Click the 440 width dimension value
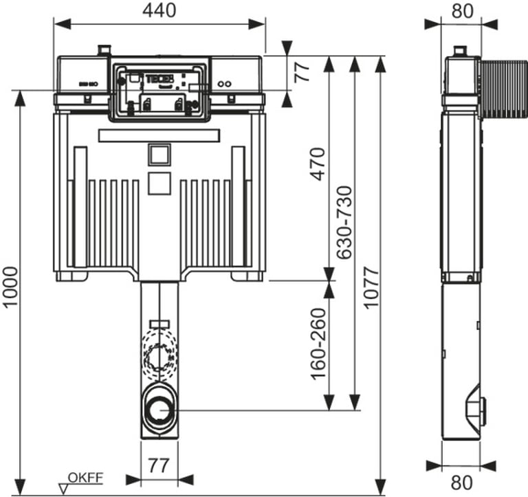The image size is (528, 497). coord(159,10)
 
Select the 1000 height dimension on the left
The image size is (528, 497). coord(10,287)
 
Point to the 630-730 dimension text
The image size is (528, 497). coord(344,222)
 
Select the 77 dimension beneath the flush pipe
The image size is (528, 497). coord(159,465)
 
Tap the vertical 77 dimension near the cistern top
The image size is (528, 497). coord(302,71)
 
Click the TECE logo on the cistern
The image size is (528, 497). coord(155,77)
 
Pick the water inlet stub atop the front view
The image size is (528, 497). coord(104,51)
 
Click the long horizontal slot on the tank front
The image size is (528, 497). coord(159,134)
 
